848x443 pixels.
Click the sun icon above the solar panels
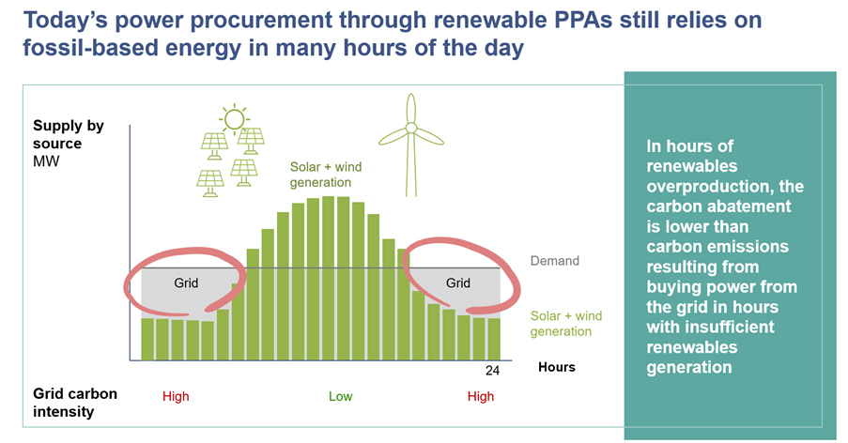234,118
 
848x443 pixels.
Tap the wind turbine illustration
411,145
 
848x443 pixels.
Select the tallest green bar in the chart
329,278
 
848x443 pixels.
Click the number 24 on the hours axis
492,371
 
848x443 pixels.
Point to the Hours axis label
557,367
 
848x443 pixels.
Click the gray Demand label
554,261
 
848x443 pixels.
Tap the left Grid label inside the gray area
186,283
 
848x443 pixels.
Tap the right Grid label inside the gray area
458,283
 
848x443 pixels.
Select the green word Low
341,396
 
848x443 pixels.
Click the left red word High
176,396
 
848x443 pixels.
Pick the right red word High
481,396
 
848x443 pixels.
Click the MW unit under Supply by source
46,161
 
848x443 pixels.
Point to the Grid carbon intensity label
74,403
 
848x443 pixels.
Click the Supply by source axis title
69,134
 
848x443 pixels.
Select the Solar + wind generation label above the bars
326,175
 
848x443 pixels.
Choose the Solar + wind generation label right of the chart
565,324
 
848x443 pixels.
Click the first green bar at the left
147,339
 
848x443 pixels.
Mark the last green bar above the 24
494,339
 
